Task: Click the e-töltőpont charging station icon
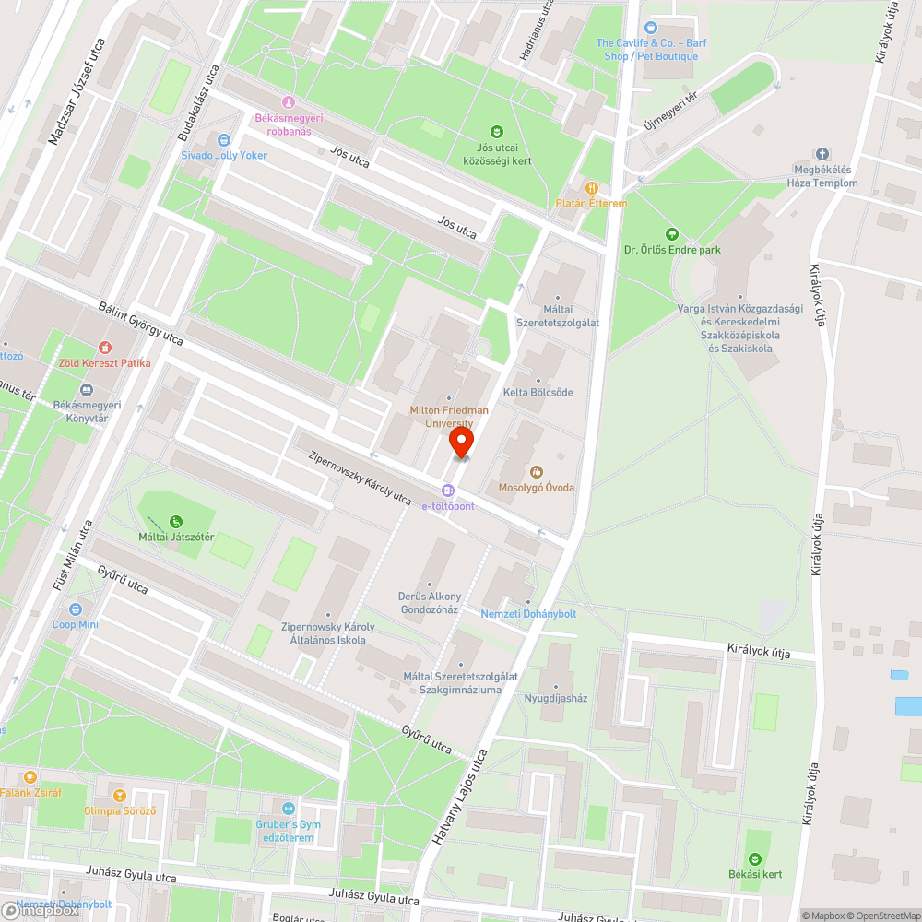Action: tap(448, 491)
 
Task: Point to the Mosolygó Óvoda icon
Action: tap(537, 472)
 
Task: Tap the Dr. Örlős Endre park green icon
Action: tap(671, 234)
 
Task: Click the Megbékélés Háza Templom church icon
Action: tap(822, 154)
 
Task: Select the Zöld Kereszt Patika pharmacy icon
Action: tap(104, 348)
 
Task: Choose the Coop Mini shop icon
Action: tap(76, 609)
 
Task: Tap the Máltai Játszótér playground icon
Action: tap(175, 521)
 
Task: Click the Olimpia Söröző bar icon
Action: tap(118, 795)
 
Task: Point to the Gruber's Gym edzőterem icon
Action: tap(286, 808)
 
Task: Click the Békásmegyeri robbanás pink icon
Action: tap(289, 102)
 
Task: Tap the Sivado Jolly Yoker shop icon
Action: tap(223, 139)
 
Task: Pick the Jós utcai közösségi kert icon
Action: tap(497, 132)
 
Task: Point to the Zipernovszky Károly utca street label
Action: tap(361, 477)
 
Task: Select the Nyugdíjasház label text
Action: tap(555, 698)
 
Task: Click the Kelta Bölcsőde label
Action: tap(538, 393)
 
